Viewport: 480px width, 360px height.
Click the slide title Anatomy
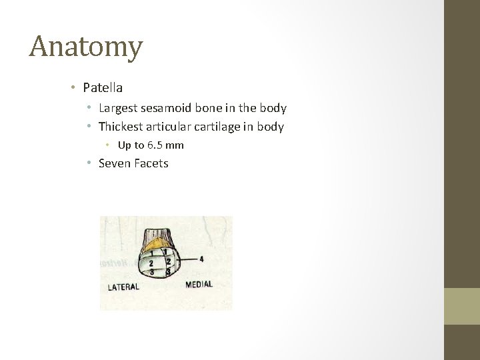coord(86,47)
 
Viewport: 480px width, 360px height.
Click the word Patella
coord(103,87)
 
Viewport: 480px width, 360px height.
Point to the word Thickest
coord(122,126)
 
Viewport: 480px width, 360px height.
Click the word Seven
coord(113,163)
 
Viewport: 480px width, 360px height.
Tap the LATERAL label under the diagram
coord(123,287)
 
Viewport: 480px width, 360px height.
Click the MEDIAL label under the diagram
coord(199,284)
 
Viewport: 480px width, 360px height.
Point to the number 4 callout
coord(201,258)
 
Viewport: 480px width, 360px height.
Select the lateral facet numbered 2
coord(151,263)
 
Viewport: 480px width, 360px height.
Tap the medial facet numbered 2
coord(169,262)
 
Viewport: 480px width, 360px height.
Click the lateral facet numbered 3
coord(152,271)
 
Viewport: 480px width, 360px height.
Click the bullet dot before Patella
coord(76,87)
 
